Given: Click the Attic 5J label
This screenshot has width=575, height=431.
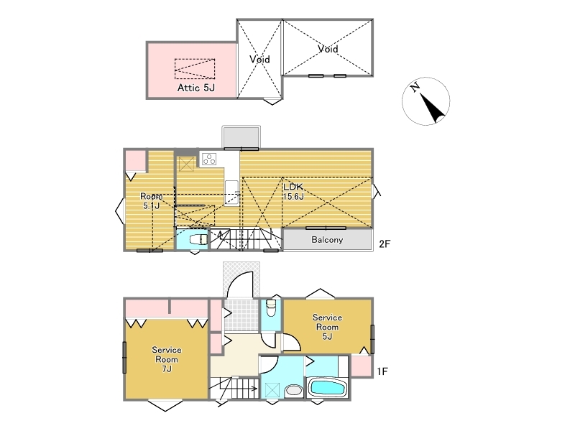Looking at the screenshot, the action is click(x=195, y=88).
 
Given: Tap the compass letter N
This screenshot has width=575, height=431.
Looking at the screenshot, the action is click(x=415, y=87).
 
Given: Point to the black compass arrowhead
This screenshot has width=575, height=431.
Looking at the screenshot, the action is click(x=433, y=108).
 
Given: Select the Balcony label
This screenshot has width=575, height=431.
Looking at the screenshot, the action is click(x=327, y=240).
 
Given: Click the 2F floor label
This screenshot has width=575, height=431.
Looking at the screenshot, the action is click(x=385, y=244).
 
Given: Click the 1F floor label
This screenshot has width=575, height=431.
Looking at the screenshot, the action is click(x=382, y=371).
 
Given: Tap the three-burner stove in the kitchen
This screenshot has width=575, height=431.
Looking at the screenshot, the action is click(x=209, y=159).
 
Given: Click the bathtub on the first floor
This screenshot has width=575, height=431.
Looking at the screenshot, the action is click(x=328, y=387).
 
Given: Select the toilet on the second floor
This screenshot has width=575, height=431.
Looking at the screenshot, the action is click(x=198, y=239).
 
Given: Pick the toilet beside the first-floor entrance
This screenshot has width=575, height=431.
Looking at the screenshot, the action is click(x=271, y=308).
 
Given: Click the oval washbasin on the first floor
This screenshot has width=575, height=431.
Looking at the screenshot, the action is click(x=293, y=390).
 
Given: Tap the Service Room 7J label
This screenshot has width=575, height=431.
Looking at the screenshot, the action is click(x=167, y=359).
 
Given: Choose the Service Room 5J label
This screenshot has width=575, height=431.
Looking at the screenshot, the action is click(x=327, y=327).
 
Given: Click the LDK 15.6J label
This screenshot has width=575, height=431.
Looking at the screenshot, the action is click(x=293, y=192).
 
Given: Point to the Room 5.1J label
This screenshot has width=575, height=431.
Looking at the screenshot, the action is click(x=151, y=201).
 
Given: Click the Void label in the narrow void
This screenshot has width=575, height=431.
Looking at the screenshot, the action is click(x=259, y=59).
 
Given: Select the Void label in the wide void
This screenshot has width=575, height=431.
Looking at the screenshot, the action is click(x=328, y=49).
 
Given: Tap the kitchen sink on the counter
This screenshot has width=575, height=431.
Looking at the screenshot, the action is click(x=231, y=193).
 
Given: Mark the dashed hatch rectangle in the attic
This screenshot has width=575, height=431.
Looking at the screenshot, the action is click(x=195, y=69).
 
